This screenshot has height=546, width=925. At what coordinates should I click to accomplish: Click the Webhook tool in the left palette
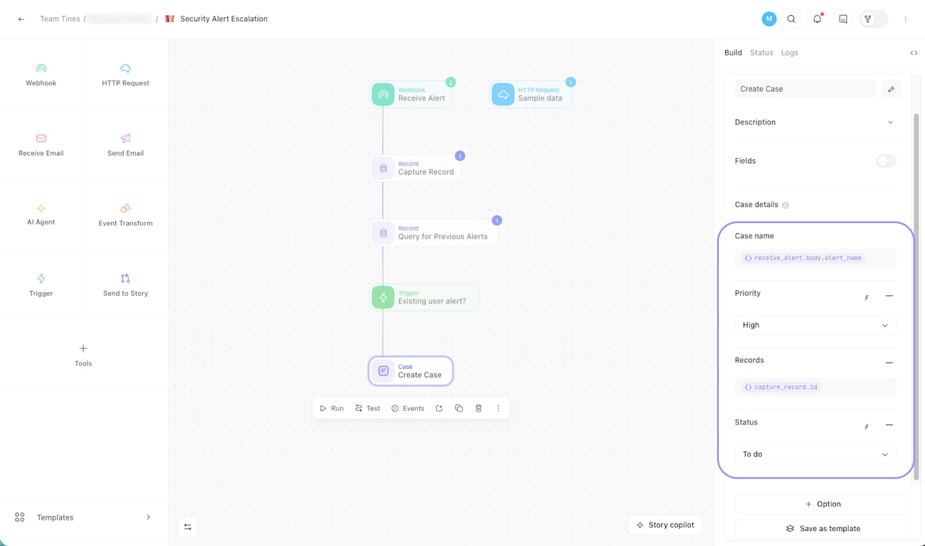[x=41, y=75]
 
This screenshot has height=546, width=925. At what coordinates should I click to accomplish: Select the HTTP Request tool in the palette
[x=125, y=75]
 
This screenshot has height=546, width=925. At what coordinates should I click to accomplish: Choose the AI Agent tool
[x=41, y=214]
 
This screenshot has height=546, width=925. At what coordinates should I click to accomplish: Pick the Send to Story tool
[x=125, y=284]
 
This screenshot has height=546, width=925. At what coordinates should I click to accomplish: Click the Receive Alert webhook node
[x=411, y=95]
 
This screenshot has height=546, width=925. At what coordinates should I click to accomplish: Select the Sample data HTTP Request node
[x=531, y=95]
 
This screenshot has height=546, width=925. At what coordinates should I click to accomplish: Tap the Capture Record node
[x=416, y=168]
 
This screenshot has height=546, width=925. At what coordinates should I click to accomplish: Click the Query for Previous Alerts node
[x=433, y=233]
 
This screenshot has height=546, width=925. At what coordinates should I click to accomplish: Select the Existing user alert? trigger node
[x=425, y=297]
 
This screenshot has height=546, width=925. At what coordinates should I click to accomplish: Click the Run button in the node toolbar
[x=332, y=408]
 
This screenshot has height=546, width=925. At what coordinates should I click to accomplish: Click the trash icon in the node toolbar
[x=478, y=408]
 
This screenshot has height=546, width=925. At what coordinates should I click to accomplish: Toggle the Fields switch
[x=886, y=161]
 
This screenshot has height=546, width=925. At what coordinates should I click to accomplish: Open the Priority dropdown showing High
[x=815, y=325]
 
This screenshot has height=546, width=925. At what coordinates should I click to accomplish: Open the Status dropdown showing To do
[x=815, y=454]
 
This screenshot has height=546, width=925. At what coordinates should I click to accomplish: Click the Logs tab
[x=789, y=53]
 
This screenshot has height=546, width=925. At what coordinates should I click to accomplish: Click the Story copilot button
[x=665, y=525]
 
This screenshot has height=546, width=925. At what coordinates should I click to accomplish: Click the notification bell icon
[x=817, y=19]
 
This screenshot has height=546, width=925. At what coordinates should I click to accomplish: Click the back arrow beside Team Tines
[x=21, y=19]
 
